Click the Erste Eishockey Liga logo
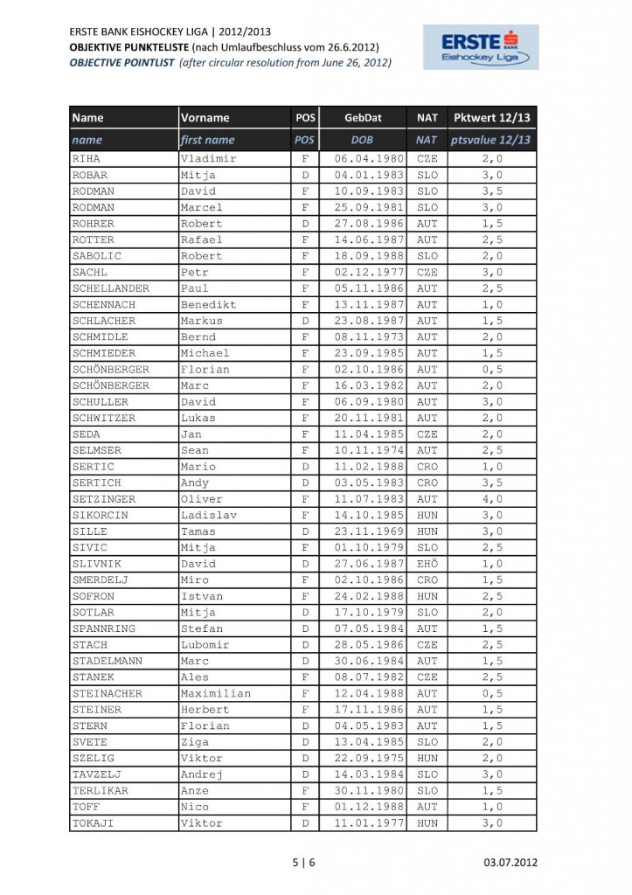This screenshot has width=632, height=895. point(481,47)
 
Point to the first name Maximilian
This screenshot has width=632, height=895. point(215,694)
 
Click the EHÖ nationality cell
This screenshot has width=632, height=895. point(427,564)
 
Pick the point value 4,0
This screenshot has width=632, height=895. point(491,499)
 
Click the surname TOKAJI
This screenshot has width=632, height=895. point(94,823)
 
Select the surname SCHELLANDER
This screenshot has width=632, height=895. point(110,288)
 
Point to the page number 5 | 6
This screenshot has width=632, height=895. point(303,864)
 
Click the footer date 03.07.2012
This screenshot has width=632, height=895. point(511,864)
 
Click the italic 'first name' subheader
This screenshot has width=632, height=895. point(207,140)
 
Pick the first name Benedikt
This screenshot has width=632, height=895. point(208,304)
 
